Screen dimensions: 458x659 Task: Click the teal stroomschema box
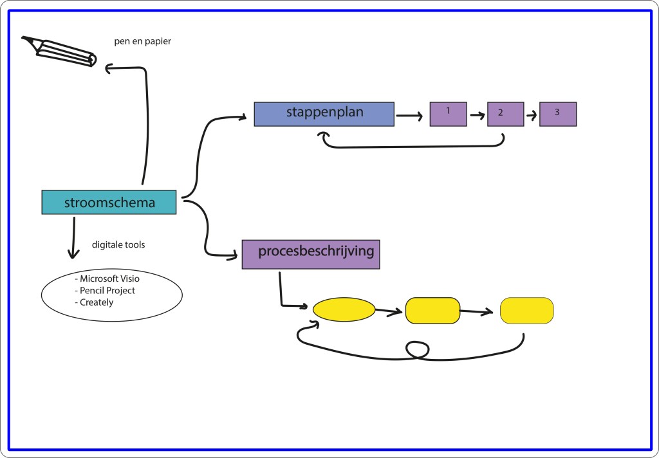109,202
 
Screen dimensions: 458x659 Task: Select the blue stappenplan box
324,113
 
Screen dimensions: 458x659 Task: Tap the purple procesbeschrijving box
311,253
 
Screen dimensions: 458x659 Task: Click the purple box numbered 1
448,114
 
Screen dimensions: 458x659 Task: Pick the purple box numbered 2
505,114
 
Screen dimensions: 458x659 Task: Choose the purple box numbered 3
558,114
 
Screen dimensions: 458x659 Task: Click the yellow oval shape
344,309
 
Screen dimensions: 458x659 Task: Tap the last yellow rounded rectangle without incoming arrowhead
526,310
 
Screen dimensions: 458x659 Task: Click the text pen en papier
142,42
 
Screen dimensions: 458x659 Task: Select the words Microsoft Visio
107,279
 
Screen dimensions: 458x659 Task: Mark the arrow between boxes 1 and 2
476,115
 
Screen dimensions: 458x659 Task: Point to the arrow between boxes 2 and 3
531,116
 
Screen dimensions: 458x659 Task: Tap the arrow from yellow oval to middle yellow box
389,313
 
